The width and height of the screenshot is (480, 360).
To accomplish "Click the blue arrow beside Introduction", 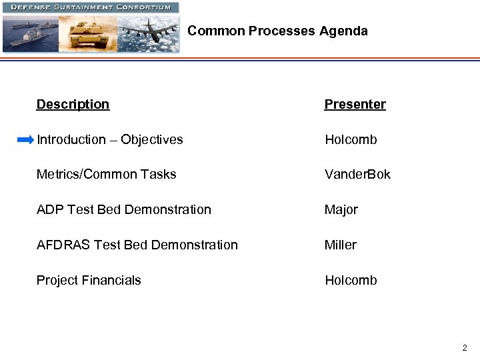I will pos(25,140).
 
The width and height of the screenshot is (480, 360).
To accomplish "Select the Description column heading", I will pos(73,104).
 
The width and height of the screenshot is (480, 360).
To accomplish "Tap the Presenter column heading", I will pos(355,104).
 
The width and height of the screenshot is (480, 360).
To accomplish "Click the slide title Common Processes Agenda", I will pos(277,31).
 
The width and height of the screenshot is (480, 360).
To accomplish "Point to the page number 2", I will pos(465,347).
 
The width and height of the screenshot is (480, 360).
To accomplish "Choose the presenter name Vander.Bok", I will pos(357,175).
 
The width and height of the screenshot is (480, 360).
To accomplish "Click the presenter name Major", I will pos(341,210).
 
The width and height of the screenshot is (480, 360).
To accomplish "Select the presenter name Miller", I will pos(340,245).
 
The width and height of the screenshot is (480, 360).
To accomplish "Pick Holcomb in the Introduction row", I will pos(351,140).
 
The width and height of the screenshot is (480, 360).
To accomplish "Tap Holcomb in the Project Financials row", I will pos(351,281).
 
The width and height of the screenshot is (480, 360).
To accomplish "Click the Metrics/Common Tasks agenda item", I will pos(106,175).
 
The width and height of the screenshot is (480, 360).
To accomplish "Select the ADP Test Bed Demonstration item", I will pos(123,210).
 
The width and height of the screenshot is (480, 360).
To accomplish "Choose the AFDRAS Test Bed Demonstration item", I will pos(137,245).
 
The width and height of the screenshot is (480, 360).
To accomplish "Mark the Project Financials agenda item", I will pos(89,281).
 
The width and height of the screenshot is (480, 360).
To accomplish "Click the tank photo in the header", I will pos(88,33).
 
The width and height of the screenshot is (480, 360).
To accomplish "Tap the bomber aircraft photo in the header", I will pos(148,33).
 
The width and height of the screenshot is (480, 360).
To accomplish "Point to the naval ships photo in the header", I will pos(30,33).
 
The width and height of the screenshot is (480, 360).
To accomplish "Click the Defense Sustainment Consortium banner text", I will pos(90,7).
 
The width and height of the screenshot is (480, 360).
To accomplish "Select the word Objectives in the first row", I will pos(151,140).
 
